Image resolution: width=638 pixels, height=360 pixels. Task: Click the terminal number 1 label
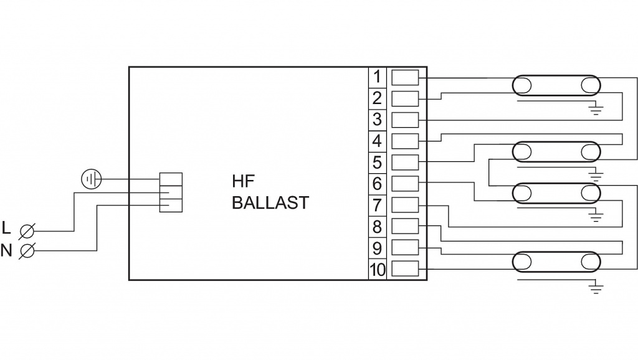click(x=378, y=77)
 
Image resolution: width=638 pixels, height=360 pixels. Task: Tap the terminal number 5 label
click(x=378, y=163)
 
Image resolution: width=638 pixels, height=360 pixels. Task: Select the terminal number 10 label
click(x=378, y=270)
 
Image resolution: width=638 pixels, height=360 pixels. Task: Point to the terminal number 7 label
click(x=378, y=205)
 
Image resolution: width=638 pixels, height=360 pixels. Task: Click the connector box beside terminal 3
click(x=405, y=120)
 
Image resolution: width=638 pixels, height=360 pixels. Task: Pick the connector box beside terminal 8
click(x=405, y=227)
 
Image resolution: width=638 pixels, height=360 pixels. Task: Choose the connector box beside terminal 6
click(x=405, y=184)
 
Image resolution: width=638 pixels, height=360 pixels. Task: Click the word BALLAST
click(x=270, y=203)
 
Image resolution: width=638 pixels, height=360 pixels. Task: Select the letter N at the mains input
click(x=7, y=250)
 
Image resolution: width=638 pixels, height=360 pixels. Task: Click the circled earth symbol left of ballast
click(x=91, y=180)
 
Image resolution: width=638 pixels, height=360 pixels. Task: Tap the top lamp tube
click(x=556, y=86)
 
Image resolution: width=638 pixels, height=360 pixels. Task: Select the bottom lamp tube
click(x=556, y=261)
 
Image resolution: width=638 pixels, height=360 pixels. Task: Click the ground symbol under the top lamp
click(x=597, y=111)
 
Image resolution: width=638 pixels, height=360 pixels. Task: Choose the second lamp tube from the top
click(x=556, y=151)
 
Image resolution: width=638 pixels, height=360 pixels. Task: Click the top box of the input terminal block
click(x=171, y=179)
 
